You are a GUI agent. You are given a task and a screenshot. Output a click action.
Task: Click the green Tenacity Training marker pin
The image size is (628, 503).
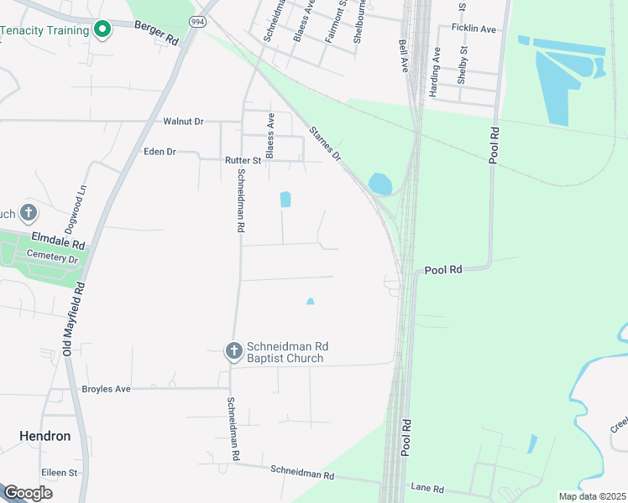click(x=102, y=31)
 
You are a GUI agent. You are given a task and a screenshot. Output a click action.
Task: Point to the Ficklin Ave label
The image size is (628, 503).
click(x=474, y=29)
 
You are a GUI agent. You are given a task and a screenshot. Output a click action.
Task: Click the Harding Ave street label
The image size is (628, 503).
click(x=435, y=72)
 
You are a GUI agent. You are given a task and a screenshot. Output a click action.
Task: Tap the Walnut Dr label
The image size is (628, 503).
click(x=183, y=121)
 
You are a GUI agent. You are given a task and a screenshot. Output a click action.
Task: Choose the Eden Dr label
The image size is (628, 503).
click(x=160, y=152)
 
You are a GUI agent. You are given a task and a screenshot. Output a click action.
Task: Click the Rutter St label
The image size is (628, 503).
click(x=243, y=159)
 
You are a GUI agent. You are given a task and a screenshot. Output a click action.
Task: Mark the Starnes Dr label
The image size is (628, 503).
click(x=326, y=144)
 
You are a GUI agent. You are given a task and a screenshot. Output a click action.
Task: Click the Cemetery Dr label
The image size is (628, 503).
click(x=52, y=259)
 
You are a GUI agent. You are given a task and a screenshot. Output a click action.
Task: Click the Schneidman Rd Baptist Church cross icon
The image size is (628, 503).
click(x=233, y=352)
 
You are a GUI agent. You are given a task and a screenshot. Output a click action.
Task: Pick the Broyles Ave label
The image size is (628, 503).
click(x=106, y=389)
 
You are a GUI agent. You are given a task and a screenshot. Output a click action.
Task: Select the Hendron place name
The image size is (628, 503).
click(x=44, y=436)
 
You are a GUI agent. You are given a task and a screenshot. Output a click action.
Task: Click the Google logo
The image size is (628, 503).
click(x=27, y=493)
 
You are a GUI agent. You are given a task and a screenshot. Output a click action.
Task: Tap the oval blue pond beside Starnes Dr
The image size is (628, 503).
click(x=379, y=184)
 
